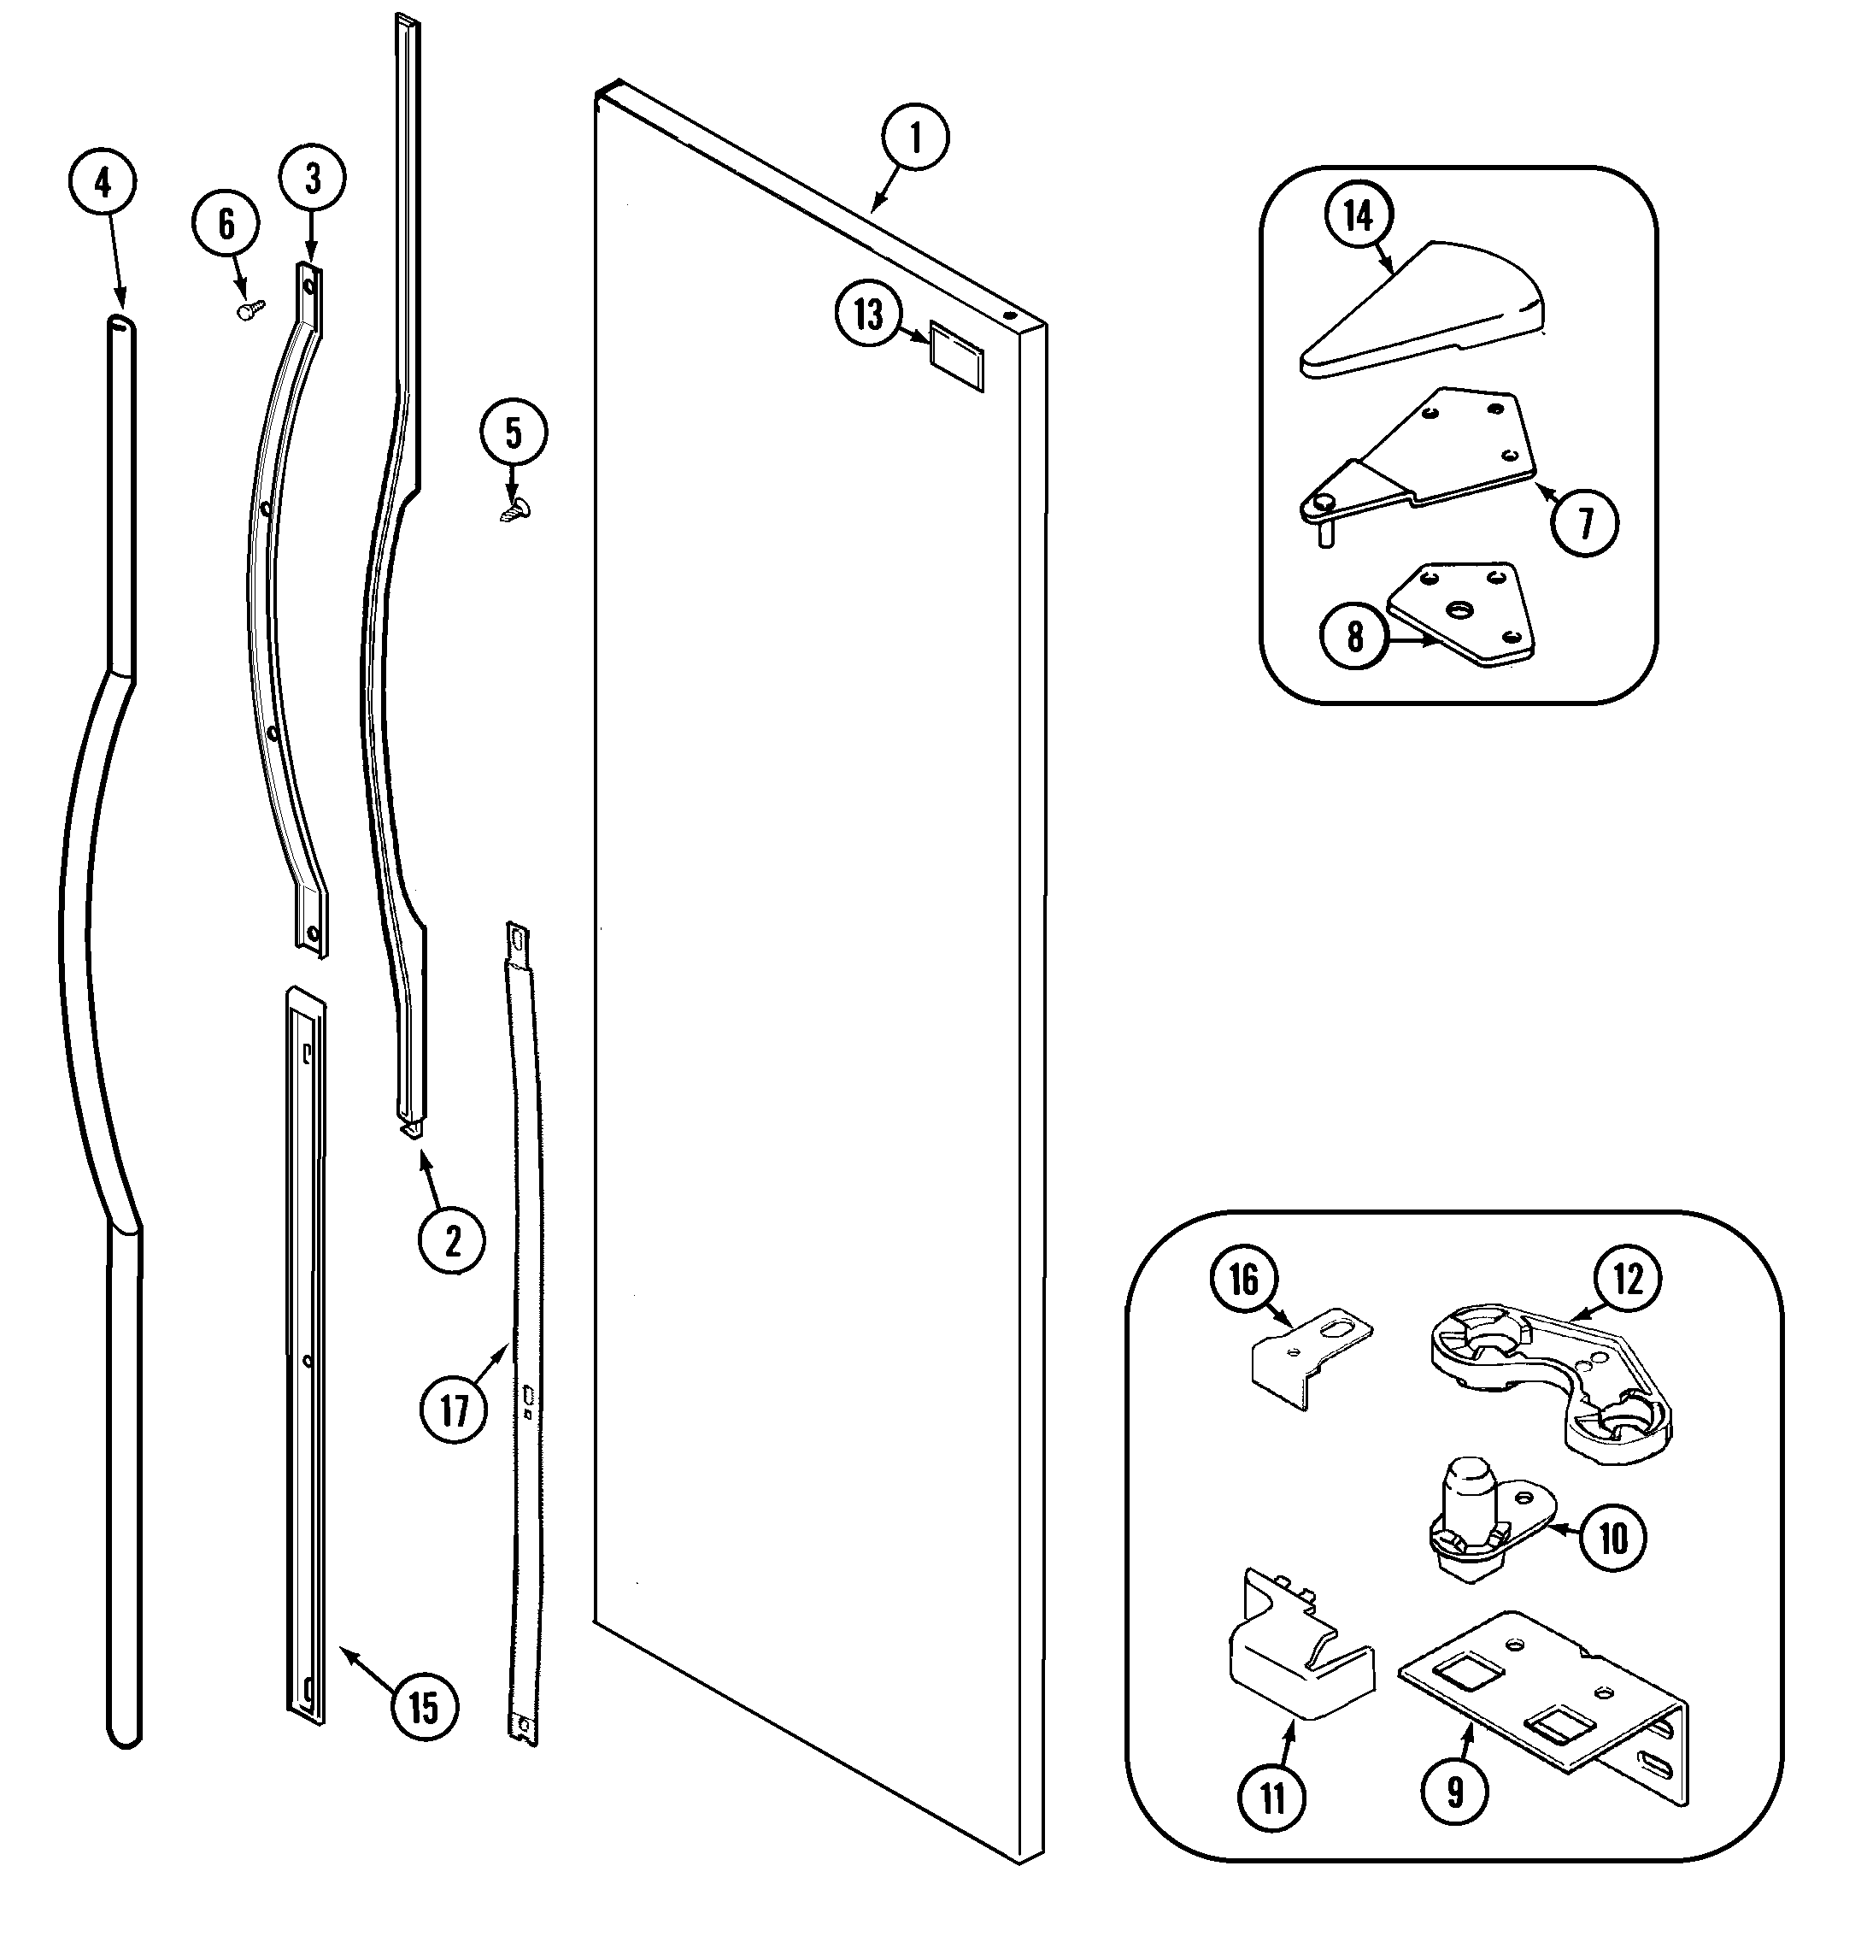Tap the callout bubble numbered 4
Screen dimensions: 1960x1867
tap(103, 183)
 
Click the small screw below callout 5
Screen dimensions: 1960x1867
tap(515, 510)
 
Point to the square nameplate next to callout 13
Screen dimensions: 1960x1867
tap(956, 356)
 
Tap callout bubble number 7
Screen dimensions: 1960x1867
tap(1584, 522)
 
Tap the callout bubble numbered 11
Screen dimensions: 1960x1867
tap(1273, 1798)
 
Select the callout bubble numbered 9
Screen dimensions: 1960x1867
tap(1455, 1792)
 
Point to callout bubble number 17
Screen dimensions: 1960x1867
tap(454, 1411)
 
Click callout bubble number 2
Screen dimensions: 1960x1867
tap(453, 1241)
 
